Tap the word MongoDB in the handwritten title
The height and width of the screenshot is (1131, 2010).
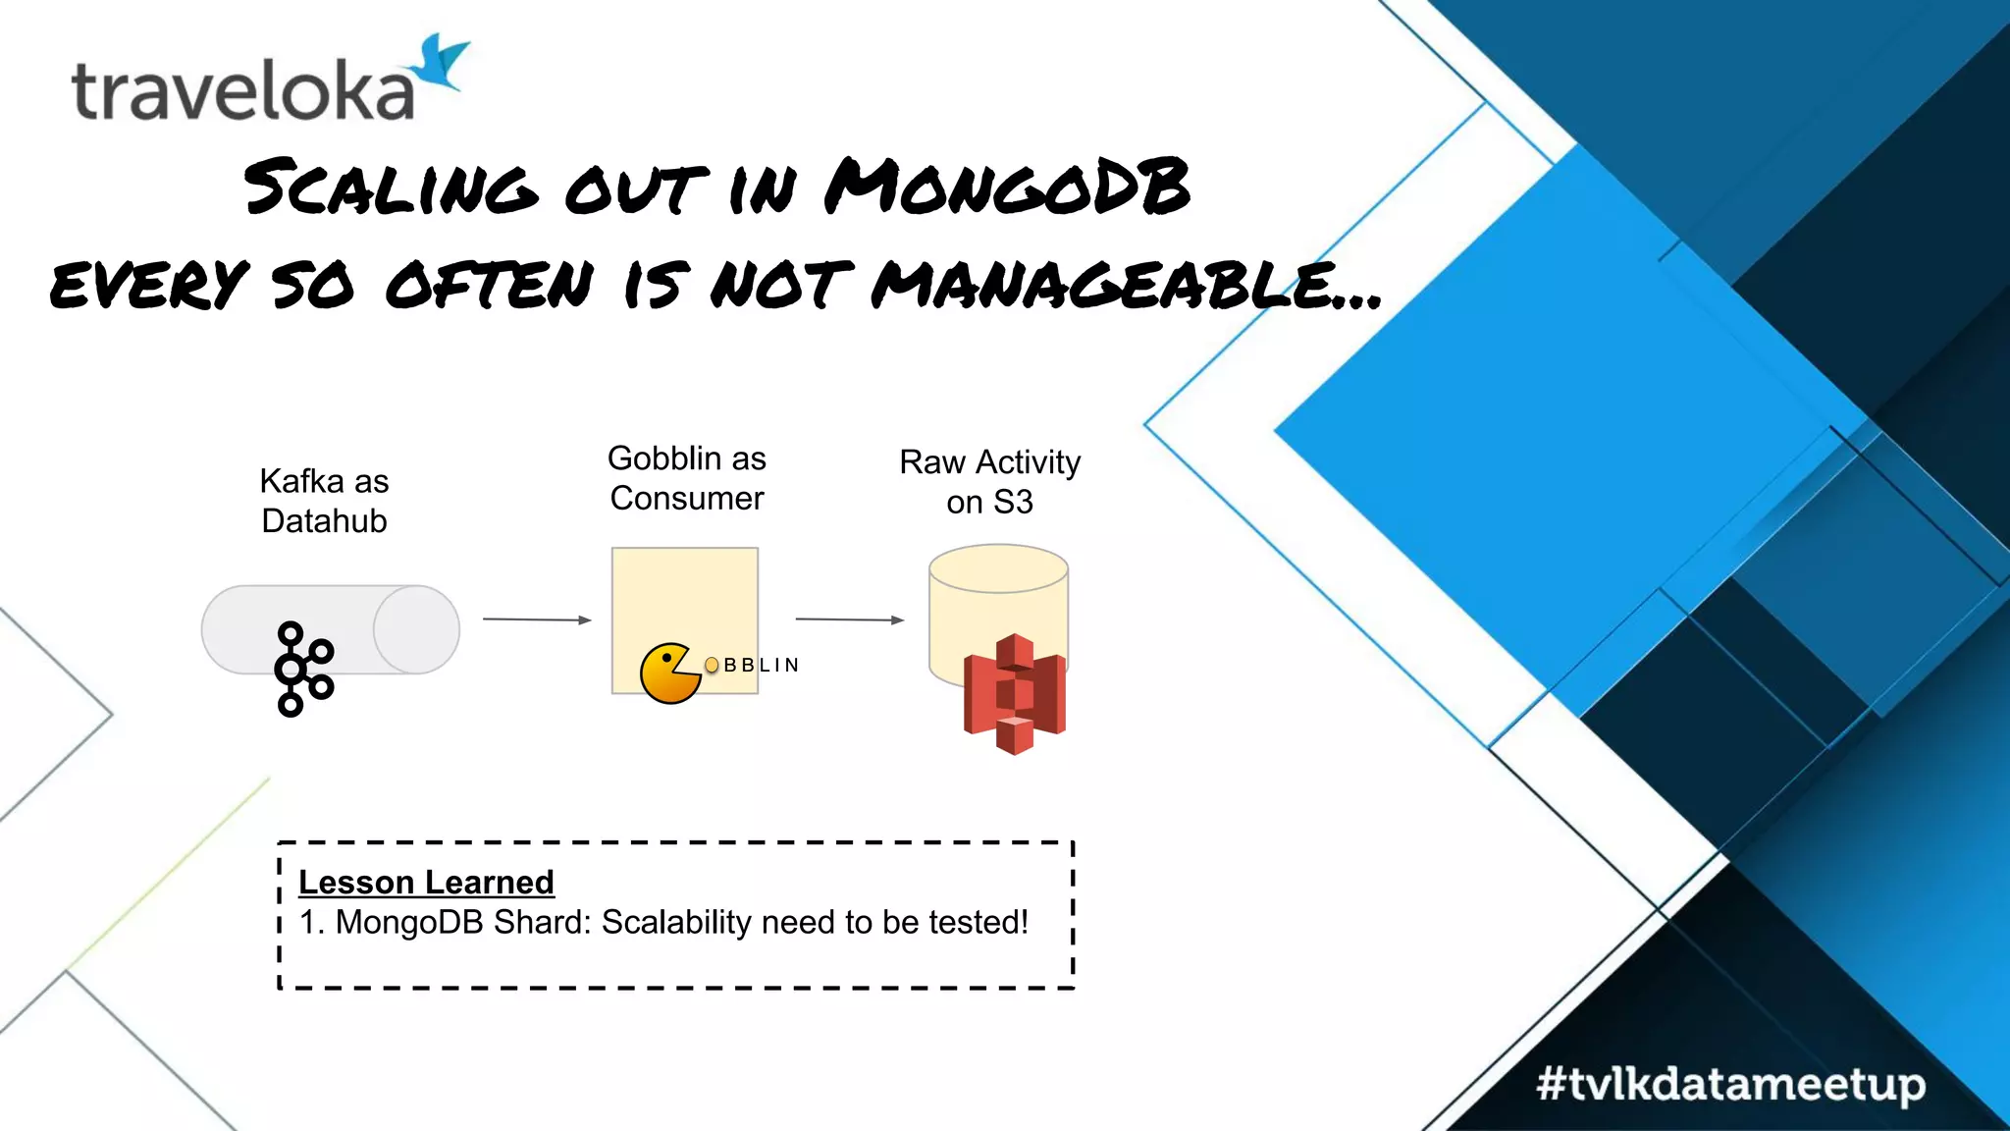click(x=1007, y=187)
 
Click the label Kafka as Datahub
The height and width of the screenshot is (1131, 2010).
click(x=324, y=501)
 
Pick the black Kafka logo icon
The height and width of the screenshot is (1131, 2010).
click(x=304, y=668)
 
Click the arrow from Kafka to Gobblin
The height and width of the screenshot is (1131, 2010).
click(x=537, y=619)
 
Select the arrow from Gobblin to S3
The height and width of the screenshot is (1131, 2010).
click(x=849, y=619)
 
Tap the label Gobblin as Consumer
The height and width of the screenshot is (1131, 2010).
click(x=686, y=478)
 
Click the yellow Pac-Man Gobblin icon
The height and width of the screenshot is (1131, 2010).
click(x=668, y=673)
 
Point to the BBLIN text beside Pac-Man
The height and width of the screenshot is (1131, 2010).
click(x=762, y=666)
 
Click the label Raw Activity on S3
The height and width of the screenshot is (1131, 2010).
click(x=989, y=482)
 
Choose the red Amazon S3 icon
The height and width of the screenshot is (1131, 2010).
click(x=1015, y=693)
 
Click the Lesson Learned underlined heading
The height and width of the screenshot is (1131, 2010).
click(x=426, y=882)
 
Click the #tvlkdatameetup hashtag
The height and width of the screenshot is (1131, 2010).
click(x=1730, y=1085)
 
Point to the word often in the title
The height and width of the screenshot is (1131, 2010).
click(x=490, y=285)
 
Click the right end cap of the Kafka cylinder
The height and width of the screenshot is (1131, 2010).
click(x=416, y=629)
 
